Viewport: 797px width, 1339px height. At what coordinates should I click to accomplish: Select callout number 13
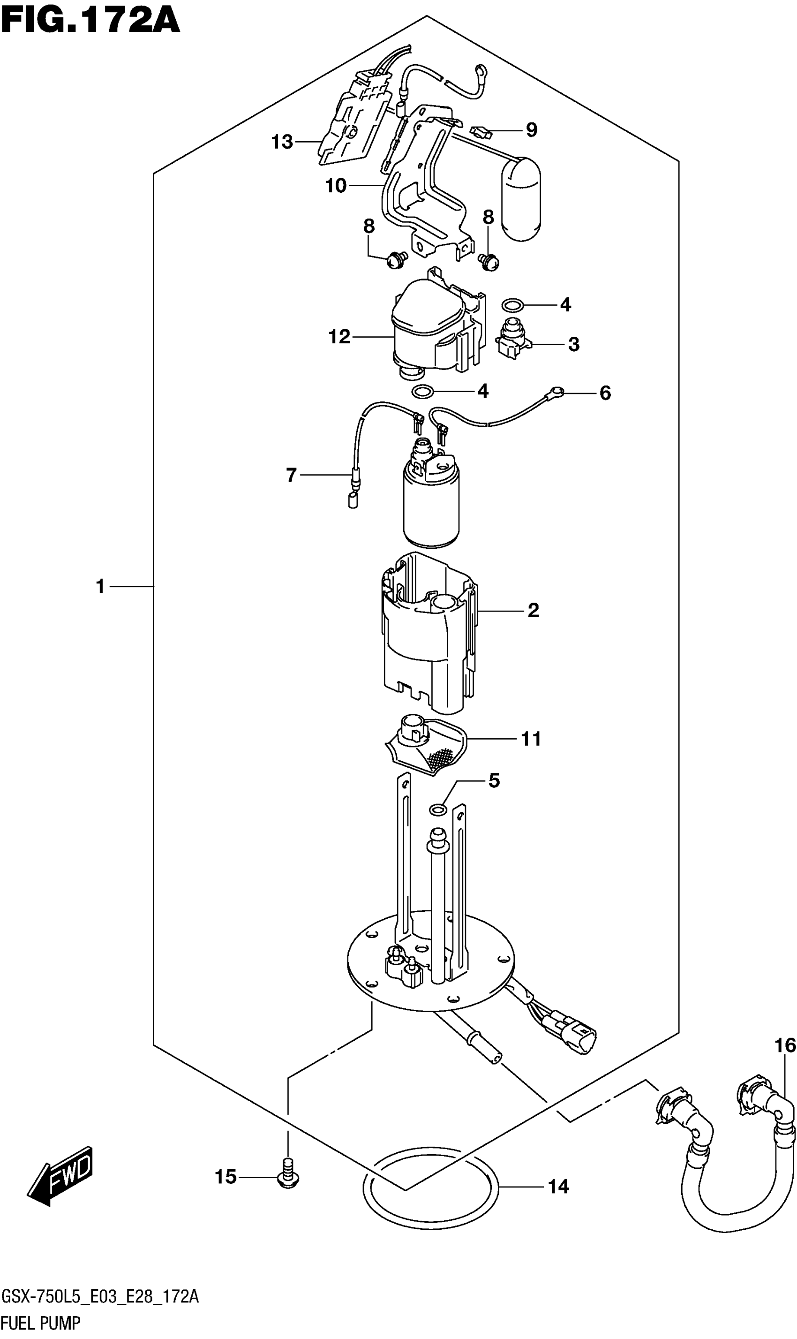tap(282, 142)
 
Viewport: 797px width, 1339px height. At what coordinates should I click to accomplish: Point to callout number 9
tap(531, 130)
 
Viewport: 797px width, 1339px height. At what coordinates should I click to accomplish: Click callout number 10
tap(336, 186)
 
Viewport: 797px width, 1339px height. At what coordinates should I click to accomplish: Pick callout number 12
tap(339, 337)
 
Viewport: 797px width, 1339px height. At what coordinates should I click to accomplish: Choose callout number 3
tap(573, 344)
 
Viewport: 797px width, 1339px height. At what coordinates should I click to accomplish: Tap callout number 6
tap(605, 393)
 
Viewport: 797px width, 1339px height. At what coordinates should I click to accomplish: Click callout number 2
tap(533, 610)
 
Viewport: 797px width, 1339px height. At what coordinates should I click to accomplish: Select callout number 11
tap(531, 739)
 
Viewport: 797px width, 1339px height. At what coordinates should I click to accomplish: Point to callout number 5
tap(494, 780)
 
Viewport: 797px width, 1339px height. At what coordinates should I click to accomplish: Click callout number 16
tap(785, 1045)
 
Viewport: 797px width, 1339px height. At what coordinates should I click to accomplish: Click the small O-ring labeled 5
tap(438, 809)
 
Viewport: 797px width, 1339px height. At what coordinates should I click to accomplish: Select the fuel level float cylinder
tap(520, 199)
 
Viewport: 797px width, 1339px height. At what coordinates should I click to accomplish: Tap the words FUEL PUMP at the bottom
tap(40, 1323)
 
